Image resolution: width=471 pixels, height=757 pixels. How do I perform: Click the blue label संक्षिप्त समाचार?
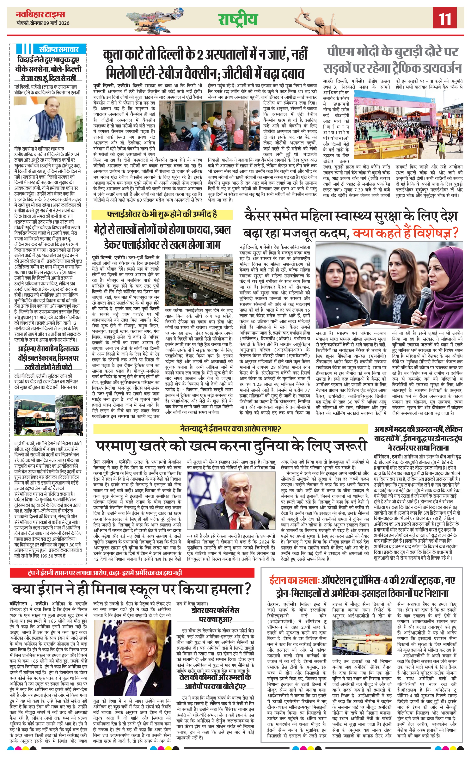(x=58, y=49)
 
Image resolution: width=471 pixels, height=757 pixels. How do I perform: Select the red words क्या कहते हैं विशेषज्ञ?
(x=405, y=233)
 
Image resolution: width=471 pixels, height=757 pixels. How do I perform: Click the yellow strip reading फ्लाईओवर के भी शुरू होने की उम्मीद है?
(x=162, y=215)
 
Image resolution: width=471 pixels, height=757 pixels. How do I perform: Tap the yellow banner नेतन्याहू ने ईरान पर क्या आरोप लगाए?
(x=230, y=429)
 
